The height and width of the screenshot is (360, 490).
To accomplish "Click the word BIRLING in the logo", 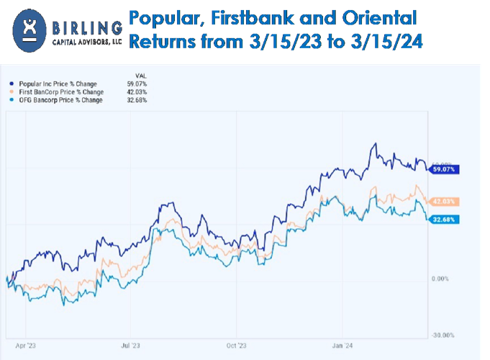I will tap(87, 28).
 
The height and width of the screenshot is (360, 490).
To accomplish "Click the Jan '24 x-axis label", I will tap(342, 345).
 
